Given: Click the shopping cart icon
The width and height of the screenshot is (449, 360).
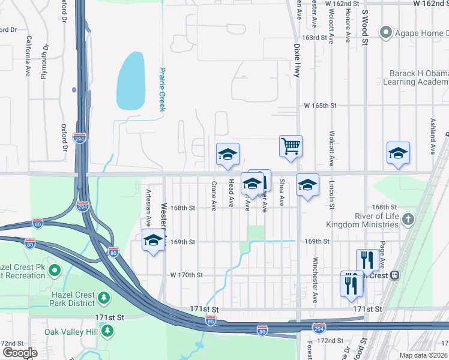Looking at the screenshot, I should [291, 146].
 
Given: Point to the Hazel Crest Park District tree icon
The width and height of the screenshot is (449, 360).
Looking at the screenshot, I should [104, 297].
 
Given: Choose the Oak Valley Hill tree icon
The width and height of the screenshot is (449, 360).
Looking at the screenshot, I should [107, 331].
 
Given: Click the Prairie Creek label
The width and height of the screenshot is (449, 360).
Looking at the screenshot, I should [161, 88].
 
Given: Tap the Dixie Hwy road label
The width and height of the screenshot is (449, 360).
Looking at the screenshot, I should [297, 60].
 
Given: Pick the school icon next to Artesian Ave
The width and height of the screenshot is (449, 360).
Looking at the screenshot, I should [154, 241].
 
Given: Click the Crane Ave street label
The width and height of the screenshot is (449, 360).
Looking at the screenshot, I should [214, 195].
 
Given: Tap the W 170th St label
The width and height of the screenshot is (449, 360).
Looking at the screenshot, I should [187, 275].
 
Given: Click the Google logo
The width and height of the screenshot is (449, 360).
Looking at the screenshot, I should [20, 353].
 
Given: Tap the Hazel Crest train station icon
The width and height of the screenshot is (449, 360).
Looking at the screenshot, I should [395, 275].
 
